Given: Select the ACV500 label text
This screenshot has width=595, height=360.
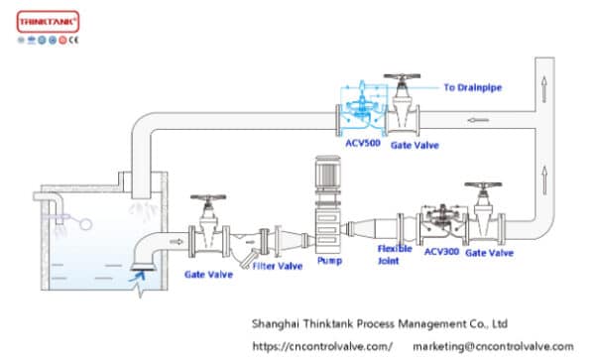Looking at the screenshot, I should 363,144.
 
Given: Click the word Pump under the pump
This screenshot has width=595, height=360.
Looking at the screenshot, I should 329,261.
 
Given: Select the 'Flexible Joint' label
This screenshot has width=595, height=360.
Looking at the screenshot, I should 394,256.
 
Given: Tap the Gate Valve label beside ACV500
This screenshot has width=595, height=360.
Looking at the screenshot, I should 415,145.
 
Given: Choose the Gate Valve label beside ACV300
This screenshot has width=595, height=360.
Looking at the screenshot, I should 490,253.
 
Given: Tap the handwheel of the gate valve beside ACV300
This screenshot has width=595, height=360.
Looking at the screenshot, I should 484,185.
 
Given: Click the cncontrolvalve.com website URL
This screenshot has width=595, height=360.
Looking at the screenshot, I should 321,346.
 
